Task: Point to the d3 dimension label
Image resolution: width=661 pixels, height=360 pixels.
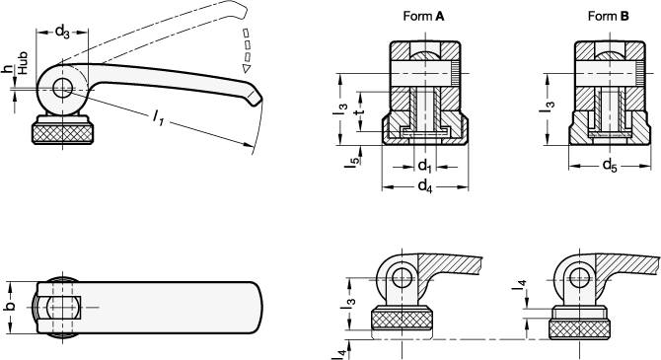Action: point(61,33)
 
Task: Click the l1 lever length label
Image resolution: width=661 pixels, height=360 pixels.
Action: point(157,118)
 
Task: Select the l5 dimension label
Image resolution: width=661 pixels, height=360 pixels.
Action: point(351,161)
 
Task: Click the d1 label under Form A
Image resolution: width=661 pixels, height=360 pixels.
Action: point(422,166)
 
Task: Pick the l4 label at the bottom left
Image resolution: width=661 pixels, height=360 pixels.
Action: point(340,350)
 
